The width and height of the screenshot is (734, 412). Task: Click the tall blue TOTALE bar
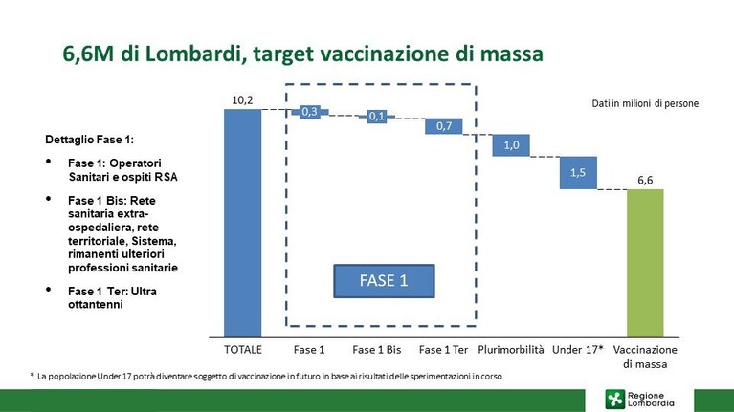point(242,223)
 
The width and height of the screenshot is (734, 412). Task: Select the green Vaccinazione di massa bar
point(645,263)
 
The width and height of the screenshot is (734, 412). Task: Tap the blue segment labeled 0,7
point(444,126)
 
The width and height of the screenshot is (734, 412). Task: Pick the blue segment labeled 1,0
point(511,145)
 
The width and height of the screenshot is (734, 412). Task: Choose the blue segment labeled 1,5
point(578,173)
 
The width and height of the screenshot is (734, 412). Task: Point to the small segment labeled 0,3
point(309,112)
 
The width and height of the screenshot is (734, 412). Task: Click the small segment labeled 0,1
point(377,116)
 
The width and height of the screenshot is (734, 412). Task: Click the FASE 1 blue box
point(384,281)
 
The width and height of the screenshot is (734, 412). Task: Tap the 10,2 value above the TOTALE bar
point(242,100)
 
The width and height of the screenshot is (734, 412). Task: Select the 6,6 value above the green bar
point(645,180)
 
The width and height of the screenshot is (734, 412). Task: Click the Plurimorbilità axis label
point(511,350)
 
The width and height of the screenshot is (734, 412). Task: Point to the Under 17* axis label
point(578,350)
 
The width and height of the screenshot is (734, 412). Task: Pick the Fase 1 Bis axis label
point(377,350)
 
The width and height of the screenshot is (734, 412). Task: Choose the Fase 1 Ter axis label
point(443,350)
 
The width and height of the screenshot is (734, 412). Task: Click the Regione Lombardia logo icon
point(614,400)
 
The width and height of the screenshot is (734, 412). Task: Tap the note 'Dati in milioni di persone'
point(645,103)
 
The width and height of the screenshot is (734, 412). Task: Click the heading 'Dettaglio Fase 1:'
point(89,140)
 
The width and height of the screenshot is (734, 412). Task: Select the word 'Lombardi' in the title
point(194,54)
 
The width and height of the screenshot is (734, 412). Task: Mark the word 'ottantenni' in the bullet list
point(96,304)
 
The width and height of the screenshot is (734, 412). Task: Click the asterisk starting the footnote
point(33,375)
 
